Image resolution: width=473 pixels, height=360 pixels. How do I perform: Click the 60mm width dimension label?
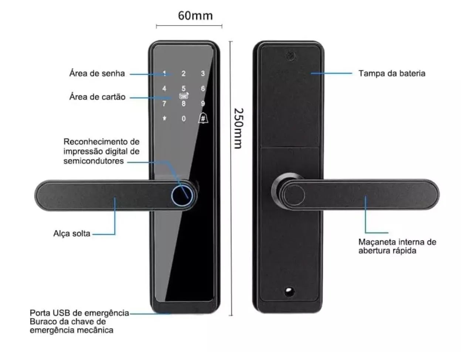195,16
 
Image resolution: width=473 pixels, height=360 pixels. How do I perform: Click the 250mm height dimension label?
239,128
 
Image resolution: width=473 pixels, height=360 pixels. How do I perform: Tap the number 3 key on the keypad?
203,73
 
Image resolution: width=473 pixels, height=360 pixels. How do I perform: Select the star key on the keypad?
164,119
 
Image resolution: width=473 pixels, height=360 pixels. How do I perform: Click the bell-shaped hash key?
203,118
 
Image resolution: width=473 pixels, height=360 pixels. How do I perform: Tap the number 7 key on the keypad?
164,104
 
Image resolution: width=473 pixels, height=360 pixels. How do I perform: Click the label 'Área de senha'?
97,73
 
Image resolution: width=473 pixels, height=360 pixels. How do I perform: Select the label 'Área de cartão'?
97,97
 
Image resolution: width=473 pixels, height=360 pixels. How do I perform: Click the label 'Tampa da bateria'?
392,73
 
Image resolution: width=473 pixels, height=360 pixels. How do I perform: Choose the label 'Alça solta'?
72,233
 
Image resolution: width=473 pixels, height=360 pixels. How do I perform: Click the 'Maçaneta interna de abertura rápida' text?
397,246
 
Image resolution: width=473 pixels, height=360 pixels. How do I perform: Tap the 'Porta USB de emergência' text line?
79,313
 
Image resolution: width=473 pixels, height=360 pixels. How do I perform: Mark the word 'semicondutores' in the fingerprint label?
93,161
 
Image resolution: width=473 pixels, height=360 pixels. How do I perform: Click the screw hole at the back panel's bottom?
289,291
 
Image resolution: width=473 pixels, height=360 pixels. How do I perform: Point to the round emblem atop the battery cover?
290,56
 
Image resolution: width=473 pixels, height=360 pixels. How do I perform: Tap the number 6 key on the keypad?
203,89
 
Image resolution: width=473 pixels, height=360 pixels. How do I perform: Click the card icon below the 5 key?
184,96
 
